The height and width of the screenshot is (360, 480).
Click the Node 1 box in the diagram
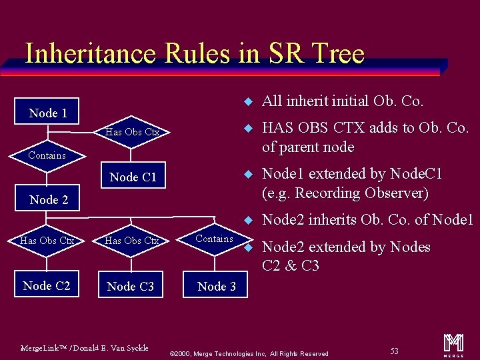tap(48, 113)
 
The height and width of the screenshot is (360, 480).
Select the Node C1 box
tap(133, 177)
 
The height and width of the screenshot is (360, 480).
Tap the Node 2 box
tap(49, 199)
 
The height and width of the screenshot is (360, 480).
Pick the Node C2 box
tap(47, 285)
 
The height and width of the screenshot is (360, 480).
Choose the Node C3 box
tap(131, 286)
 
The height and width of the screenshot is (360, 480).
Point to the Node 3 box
tap(217, 286)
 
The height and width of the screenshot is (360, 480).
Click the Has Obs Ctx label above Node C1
tap(133, 132)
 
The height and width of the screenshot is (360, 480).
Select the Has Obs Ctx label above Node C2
tap(47, 240)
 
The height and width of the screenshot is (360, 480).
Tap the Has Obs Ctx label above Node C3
tap(132, 240)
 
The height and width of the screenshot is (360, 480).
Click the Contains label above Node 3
tap(215, 239)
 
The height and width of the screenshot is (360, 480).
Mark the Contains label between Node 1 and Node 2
tap(47, 155)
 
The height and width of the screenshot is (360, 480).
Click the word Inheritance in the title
tap(89, 53)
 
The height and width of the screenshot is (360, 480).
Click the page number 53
tap(395, 351)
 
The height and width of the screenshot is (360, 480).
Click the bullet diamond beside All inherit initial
tap(247, 102)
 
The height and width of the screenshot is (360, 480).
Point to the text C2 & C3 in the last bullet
tap(291, 266)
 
